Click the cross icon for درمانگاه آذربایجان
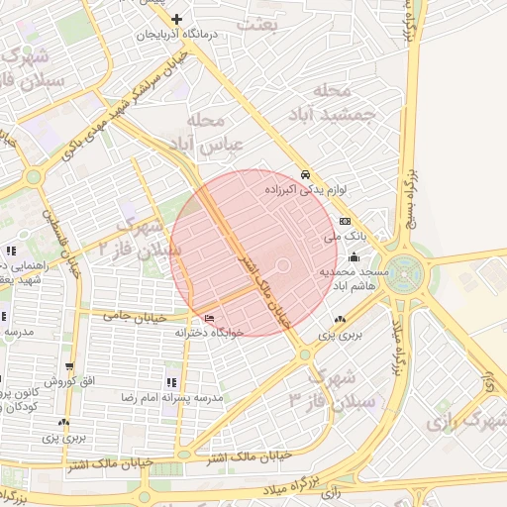click(177, 19)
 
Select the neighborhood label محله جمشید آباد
click(339, 102)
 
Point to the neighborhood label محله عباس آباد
click(214, 134)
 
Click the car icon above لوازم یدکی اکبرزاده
click(306, 170)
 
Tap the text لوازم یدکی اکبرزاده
click(303, 186)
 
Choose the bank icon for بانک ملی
click(345, 221)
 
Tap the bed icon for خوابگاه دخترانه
click(208, 317)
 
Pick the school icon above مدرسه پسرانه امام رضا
click(171, 381)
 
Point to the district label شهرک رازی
click(465, 422)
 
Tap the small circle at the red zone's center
click(282, 265)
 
